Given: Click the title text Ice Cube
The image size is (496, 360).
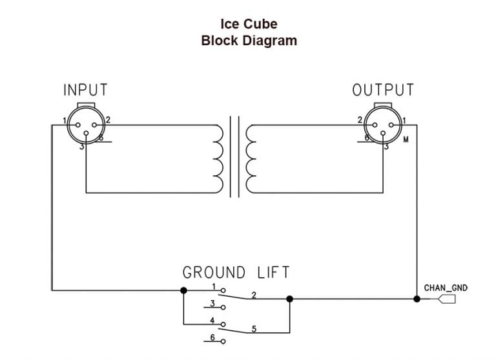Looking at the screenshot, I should (249, 24).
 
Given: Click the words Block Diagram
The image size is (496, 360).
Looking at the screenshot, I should (249, 40).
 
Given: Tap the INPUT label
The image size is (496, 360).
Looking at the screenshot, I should (85, 90).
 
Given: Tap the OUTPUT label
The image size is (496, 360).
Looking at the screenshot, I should (383, 90).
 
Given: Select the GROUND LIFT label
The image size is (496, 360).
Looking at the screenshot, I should (236, 272).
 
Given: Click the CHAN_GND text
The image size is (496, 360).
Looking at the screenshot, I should (446, 288).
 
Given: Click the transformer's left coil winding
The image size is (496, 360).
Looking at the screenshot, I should (218, 156).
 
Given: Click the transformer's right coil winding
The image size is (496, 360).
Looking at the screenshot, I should (250, 156).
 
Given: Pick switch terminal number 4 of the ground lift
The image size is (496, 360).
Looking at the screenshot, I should (223, 324).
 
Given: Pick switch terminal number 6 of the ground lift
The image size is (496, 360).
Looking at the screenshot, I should (223, 341).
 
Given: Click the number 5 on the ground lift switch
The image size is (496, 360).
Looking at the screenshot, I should (254, 329).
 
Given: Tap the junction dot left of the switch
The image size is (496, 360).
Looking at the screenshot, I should (183, 290).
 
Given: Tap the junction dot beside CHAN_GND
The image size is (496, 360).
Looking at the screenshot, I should (417, 299).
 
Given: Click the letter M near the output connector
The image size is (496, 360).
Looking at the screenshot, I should (406, 139).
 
